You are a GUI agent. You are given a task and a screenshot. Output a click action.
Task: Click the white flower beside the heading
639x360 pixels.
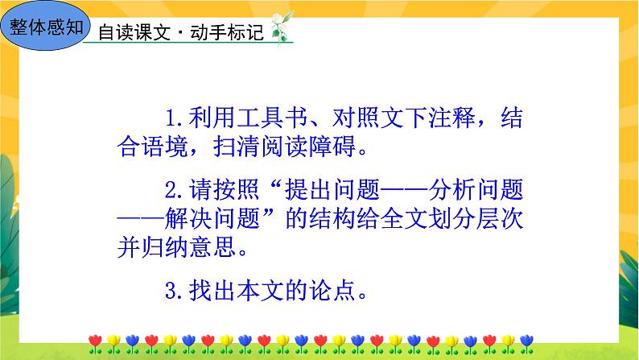click(x=282, y=31)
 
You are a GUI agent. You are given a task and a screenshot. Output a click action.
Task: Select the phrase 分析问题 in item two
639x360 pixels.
click(x=477, y=190)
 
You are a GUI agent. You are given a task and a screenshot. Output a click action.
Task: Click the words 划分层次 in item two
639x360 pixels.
click(x=479, y=219)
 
